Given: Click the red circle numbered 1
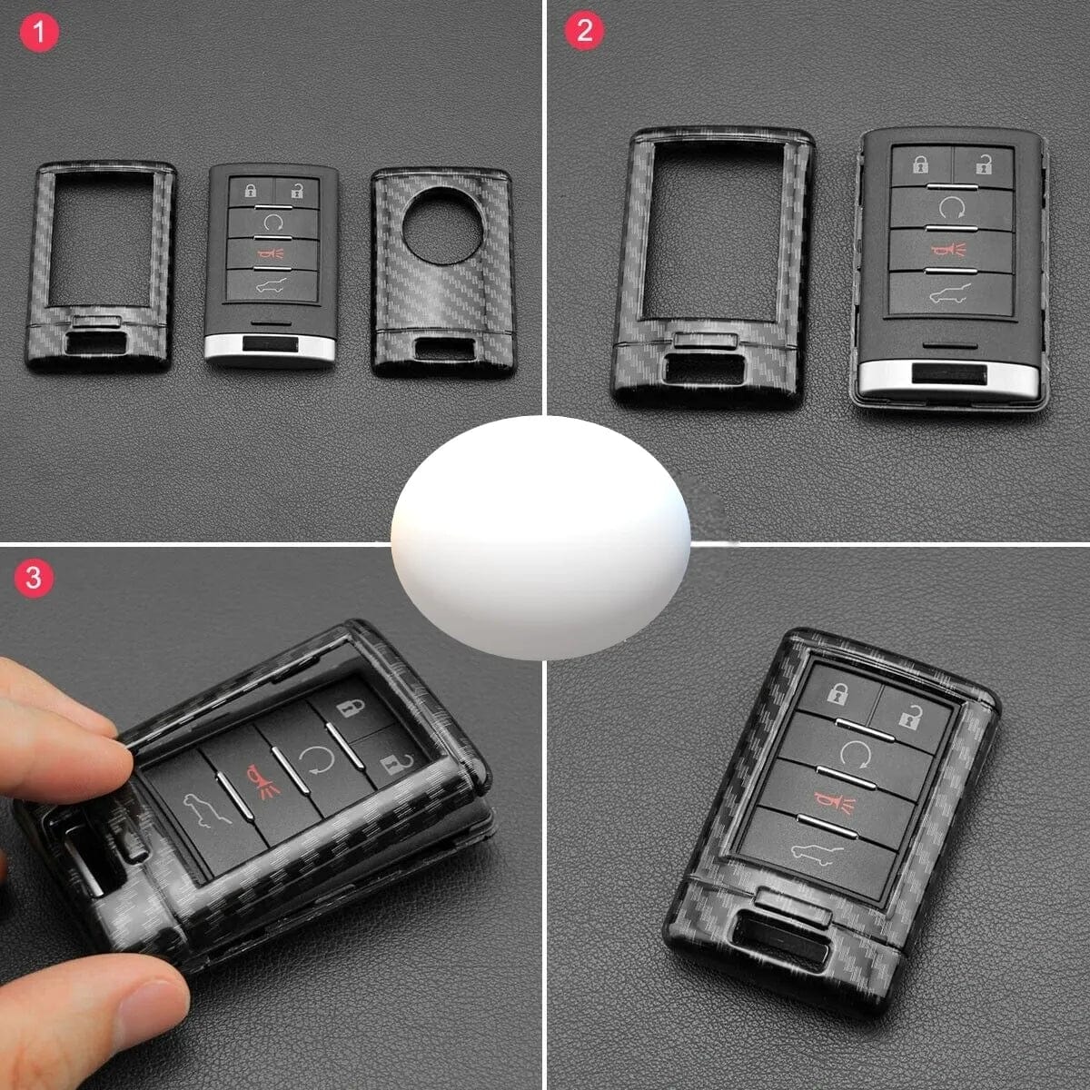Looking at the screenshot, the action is point(39,32).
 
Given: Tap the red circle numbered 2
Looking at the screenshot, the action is point(584,30).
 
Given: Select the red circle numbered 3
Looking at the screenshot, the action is point(34,578).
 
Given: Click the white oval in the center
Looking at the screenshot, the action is point(540,538).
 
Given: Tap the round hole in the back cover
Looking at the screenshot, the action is point(442,225).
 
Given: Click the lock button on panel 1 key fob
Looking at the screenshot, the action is point(251,191).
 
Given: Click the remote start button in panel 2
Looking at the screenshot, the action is point(951,208).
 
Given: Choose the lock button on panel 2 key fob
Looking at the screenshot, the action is point(921,165).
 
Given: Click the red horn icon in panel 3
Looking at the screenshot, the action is point(262,782).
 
